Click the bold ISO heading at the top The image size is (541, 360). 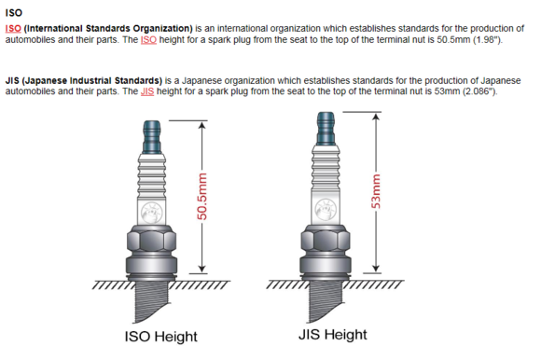point(14,13)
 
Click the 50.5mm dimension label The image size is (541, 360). point(201,197)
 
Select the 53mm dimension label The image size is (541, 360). point(376,191)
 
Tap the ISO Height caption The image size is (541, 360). point(160,337)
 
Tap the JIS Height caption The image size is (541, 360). point(333,335)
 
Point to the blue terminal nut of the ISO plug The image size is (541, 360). point(152,137)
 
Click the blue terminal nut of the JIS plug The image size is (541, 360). point(326,129)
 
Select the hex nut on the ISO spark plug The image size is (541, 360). point(152,240)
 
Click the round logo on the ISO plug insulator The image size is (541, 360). point(152,213)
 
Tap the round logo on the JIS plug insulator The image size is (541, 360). point(326,210)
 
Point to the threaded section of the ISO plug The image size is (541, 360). point(152,300)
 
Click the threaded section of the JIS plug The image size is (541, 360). point(326,300)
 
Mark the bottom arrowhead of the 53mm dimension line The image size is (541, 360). point(376,269)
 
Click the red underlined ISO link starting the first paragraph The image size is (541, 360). point(13,28)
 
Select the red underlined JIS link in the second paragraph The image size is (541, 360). point(147,91)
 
